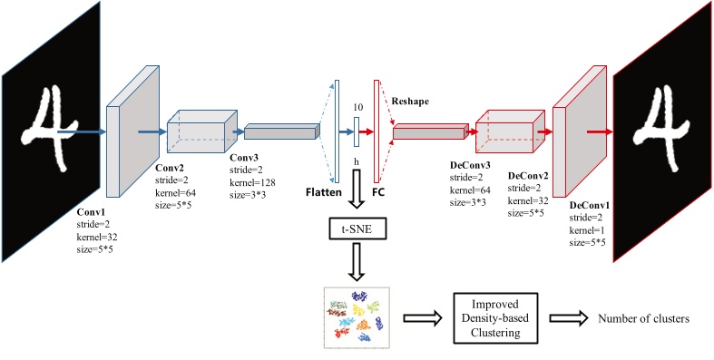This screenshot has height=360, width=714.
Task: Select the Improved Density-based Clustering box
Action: (496, 317)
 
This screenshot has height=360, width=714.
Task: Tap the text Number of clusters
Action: (643, 318)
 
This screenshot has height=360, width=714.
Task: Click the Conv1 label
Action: (90, 212)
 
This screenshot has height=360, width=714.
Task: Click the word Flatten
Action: (324, 192)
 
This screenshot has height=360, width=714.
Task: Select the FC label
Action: (378, 192)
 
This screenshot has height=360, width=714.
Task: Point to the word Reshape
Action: (410, 102)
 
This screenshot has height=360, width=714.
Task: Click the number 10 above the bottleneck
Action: (357, 108)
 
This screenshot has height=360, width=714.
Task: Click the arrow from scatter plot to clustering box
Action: (422, 318)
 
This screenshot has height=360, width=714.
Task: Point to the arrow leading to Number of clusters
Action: (568, 318)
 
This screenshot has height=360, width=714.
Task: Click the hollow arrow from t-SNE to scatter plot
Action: (357, 262)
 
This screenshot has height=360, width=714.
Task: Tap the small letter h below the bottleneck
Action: (357, 161)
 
